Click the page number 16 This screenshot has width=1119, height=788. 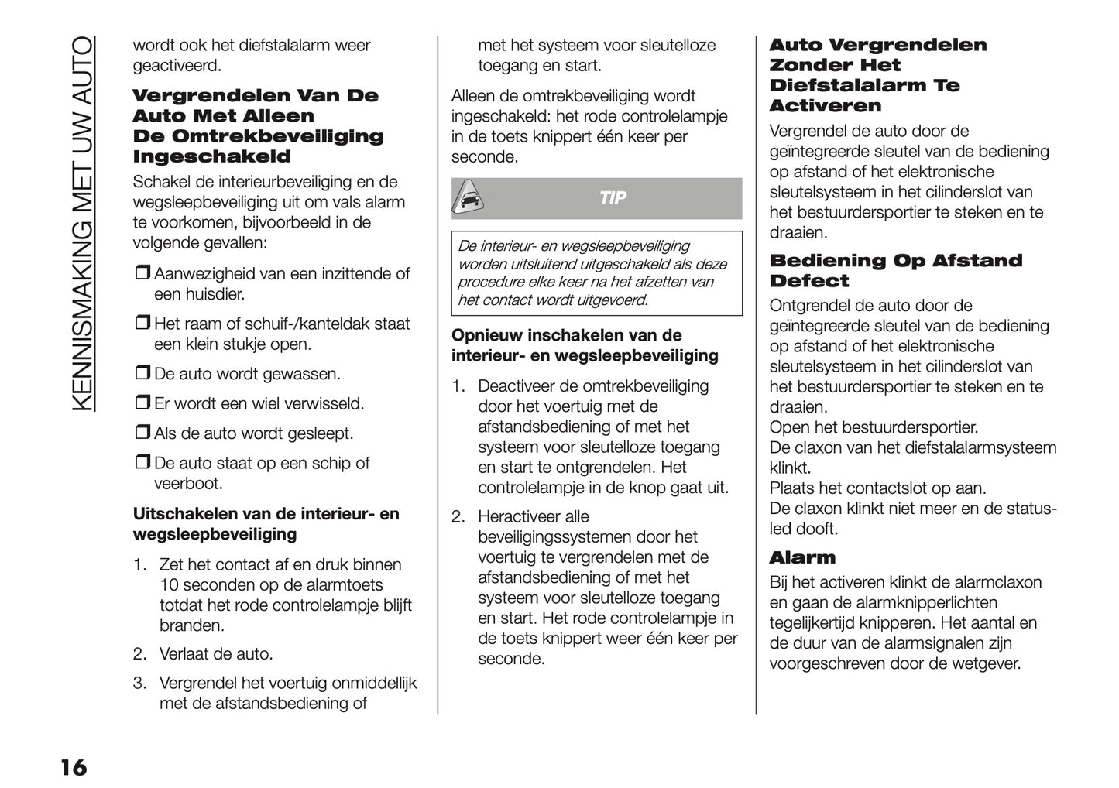click(x=74, y=768)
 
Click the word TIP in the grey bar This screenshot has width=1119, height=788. click(x=613, y=199)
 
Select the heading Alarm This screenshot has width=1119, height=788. click(x=802, y=557)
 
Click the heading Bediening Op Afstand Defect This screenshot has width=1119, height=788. click(x=895, y=271)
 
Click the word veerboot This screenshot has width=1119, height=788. click(x=188, y=484)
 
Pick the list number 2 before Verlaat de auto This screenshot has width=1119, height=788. click(x=139, y=654)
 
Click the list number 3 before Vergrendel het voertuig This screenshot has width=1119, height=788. click(x=139, y=684)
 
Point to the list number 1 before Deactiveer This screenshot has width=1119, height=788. click(x=458, y=385)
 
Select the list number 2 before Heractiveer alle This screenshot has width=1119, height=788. click(x=458, y=516)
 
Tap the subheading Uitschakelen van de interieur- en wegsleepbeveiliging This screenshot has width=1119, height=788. click(x=266, y=524)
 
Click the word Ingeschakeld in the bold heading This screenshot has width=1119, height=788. click(x=211, y=156)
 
